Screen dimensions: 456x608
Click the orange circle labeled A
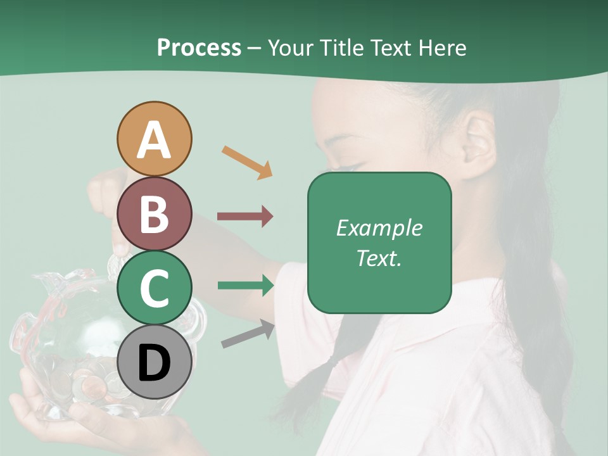tap(154, 139)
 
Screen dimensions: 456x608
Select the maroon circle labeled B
tap(154, 213)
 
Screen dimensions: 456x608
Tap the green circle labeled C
tap(154, 288)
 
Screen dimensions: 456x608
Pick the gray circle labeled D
tap(154, 362)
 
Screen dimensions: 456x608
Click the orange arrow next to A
tap(247, 162)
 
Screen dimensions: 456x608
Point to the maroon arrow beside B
tap(245, 217)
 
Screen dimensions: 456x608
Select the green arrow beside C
tap(246, 286)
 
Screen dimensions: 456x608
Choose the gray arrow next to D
tap(248, 334)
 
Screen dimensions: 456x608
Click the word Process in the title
tap(199, 47)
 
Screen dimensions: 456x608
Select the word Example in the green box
tap(379, 228)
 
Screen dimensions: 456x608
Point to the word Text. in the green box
tap(379, 258)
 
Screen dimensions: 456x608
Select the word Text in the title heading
tap(389, 47)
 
